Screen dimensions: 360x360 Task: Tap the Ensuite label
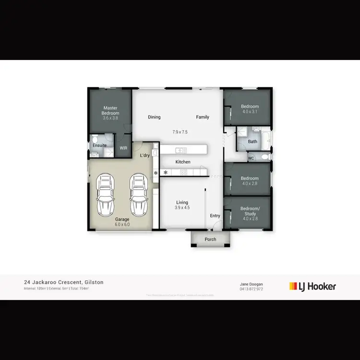[x=100, y=145]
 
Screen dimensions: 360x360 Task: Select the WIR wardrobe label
[x=123, y=148]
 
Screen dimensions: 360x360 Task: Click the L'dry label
[x=144, y=156]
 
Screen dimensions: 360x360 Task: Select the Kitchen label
[x=183, y=162]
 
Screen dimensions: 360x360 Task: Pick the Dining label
[x=154, y=117]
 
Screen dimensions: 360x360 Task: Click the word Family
[x=203, y=117]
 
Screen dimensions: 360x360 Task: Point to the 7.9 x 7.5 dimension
[x=180, y=132]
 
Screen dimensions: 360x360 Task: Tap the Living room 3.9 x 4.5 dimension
[x=182, y=208]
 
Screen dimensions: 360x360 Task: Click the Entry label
[x=215, y=216]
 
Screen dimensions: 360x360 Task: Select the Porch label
[x=210, y=239]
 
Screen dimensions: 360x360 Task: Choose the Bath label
[x=252, y=142]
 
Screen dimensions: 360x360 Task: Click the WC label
[x=251, y=158]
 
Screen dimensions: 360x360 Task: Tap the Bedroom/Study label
[x=250, y=211]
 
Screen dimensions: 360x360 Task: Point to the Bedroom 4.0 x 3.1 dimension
[x=250, y=111]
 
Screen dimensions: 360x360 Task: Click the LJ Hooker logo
[x=312, y=287]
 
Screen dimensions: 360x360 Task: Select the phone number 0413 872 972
[x=251, y=289]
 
